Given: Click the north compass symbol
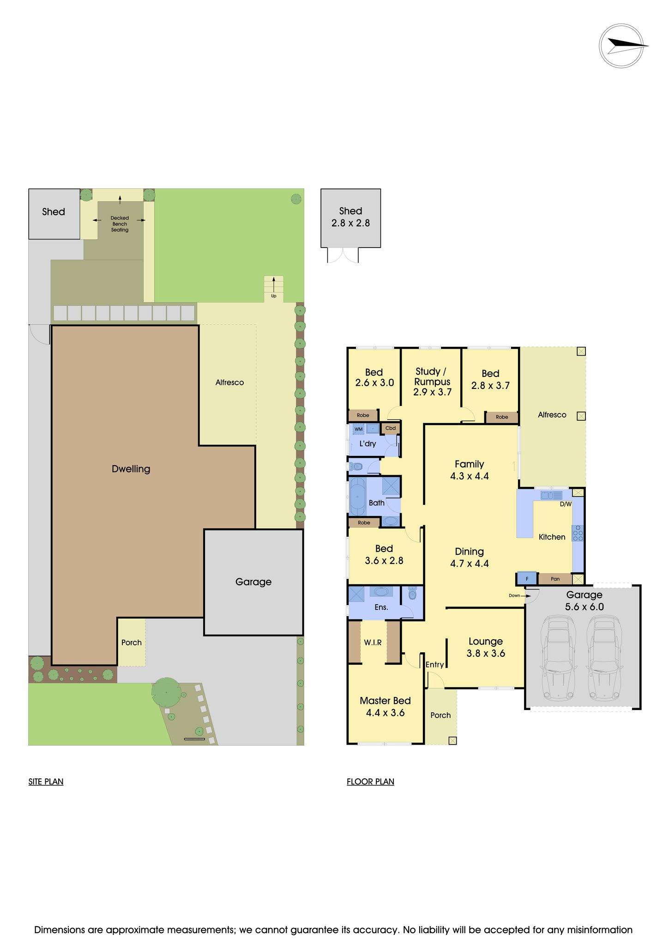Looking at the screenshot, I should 621,46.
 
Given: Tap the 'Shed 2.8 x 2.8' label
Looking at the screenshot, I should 350,217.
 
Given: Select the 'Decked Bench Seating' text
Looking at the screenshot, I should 120,224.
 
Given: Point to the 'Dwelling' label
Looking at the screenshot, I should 131,469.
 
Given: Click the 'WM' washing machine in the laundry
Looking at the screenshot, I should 358,429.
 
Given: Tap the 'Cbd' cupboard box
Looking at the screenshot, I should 391,428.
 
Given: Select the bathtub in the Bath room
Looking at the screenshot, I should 358,497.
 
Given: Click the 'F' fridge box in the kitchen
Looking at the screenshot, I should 527,578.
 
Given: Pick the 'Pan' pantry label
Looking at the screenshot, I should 555,579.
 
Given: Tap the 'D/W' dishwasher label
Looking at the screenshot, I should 566,504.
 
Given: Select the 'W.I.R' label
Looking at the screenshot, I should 373,643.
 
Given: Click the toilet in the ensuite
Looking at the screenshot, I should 413,594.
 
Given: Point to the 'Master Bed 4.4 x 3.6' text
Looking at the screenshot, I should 385,707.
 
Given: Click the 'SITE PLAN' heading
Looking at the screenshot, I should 46,782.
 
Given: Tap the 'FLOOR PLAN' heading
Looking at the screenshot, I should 370,782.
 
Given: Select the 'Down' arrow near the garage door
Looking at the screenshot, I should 519,595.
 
